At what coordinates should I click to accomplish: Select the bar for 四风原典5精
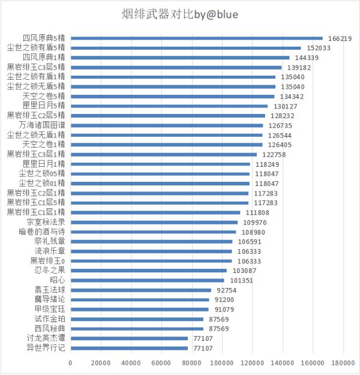coord(196,38)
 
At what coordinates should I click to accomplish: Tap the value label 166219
coord(340,38)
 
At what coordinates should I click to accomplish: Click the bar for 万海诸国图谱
coord(166,125)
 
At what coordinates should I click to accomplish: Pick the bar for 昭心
coord(147,280)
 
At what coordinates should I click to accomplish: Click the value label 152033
coord(318,48)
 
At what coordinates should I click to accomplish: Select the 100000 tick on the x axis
coord(221,363)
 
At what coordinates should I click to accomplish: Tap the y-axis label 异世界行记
coord(46,348)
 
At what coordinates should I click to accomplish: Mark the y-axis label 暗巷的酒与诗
coord(43,232)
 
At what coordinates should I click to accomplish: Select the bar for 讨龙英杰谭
coord(129,338)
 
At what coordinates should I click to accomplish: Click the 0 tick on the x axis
coord(70,363)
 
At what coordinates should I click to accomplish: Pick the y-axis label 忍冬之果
coord(50,271)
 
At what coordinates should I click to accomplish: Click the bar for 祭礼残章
coord(151,242)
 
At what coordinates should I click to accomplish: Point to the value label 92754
coord(228,290)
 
